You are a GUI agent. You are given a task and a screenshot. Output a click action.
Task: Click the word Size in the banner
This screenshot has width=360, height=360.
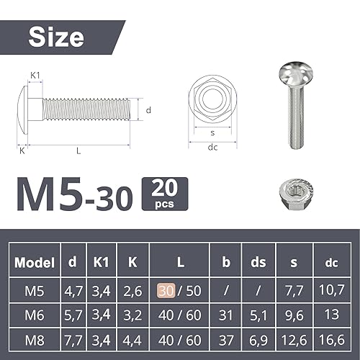(56, 37)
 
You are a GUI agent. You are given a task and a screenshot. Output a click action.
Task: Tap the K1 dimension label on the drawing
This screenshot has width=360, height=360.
(35, 76)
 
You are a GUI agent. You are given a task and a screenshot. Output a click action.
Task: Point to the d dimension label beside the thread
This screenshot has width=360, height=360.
(148, 110)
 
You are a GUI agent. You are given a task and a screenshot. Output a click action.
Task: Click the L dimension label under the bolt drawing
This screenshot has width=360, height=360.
(78, 150)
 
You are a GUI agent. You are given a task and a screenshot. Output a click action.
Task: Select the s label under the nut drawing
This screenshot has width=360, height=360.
(212, 132)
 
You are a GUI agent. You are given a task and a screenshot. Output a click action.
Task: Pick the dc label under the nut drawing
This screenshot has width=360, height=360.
(212, 147)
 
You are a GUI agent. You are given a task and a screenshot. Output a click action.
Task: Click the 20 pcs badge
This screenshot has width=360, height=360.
(165, 194)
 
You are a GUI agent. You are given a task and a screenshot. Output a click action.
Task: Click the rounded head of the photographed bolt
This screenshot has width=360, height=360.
(296, 74)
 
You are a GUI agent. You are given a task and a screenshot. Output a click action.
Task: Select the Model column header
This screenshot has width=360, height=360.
(35, 262)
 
